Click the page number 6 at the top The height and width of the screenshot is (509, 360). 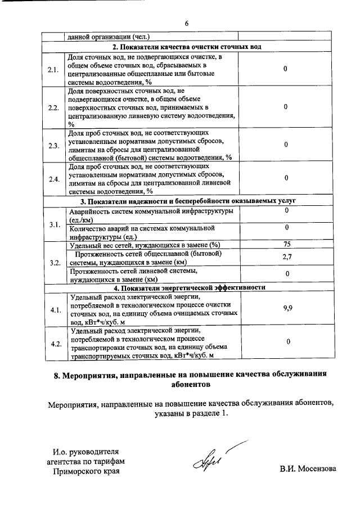(x=186, y=23)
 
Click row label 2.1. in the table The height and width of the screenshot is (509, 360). (x=54, y=70)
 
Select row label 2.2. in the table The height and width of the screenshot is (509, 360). (x=54, y=107)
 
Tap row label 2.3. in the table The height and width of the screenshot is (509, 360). (x=54, y=145)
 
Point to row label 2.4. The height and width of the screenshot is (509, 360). (x=54, y=179)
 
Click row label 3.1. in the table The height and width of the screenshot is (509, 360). (x=54, y=225)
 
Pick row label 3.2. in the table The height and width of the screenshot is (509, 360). (x=54, y=262)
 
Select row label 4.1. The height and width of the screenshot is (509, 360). (x=55, y=309)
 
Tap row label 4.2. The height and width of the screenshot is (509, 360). (x=55, y=343)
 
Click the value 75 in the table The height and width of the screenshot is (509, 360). (x=286, y=244)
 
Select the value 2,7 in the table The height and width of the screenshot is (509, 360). (x=286, y=258)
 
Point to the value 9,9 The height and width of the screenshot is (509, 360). (x=286, y=309)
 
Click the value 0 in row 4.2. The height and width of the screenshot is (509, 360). (x=287, y=342)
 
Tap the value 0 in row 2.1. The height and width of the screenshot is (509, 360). (x=286, y=69)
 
